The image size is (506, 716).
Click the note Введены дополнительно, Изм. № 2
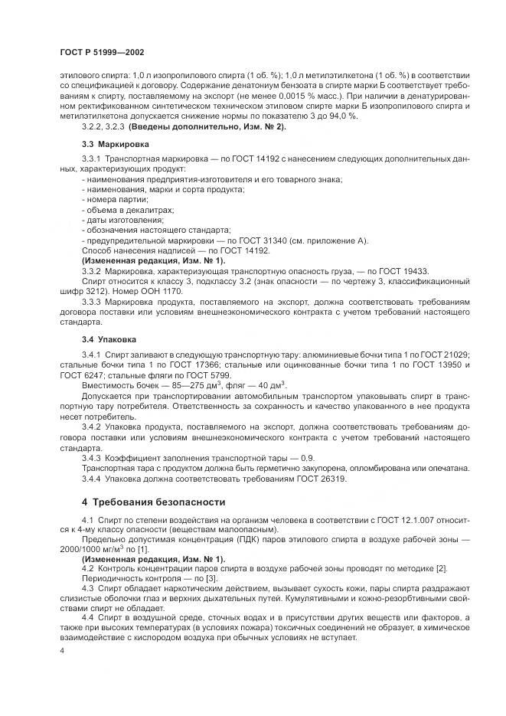(x=207, y=126)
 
